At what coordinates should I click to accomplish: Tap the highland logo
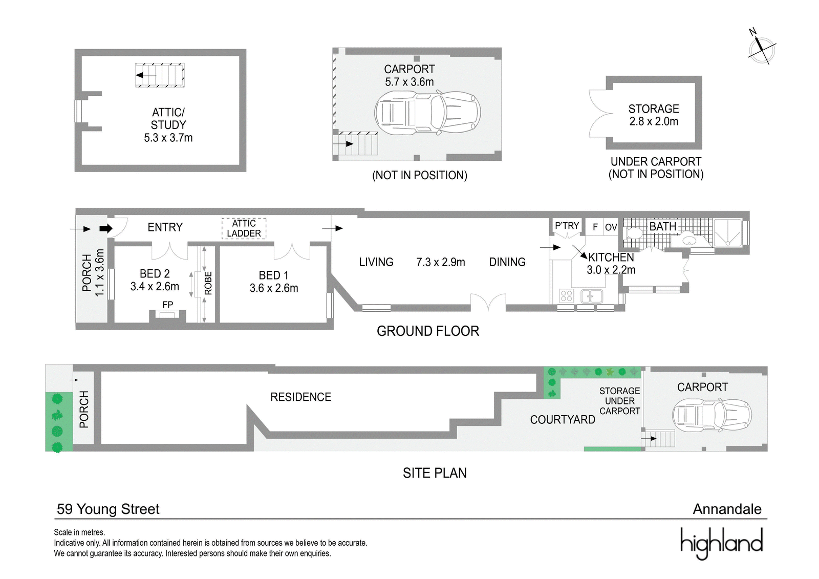click(x=721, y=543)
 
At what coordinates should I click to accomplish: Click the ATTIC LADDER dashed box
click(x=244, y=229)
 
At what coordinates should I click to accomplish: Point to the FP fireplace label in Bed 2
click(x=168, y=305)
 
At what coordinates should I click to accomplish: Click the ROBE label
click(x=208, y=284)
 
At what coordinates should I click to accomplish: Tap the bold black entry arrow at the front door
click(x=106, y=229)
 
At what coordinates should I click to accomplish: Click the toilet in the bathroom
click(x=634, y=233)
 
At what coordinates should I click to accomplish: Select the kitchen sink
click(x=592, y=296)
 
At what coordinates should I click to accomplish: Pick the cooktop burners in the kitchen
click(x=566, y=295)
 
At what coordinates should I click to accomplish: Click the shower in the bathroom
click(x=727, y=232)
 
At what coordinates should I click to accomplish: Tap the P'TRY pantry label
click(x=567, y=226)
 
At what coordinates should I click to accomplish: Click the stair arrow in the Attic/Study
click(x=146, y=75)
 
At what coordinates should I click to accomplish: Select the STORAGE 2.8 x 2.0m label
click(x=654, y=115)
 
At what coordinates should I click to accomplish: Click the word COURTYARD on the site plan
click(x=563, y=419)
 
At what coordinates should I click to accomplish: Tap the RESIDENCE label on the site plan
click(x=300, y=397)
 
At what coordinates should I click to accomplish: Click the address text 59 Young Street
click(x=108, y=509)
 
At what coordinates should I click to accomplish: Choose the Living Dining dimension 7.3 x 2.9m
click(x=441, y=262)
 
